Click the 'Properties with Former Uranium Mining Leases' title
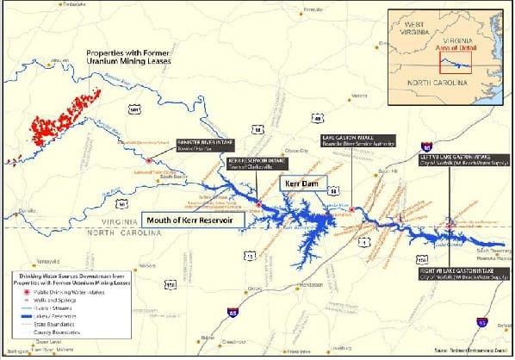click(x=130, y=57)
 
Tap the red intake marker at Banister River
click(x=149, y=160)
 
